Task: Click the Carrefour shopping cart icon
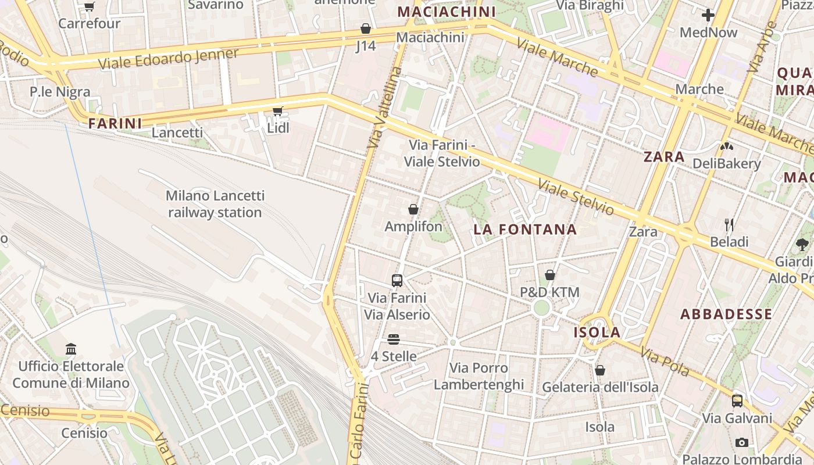coord(89,7)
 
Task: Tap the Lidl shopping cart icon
coord(278,111)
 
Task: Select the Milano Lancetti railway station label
coord(215,204)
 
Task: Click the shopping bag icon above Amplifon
coord(413,209)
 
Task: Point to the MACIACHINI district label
coord(446,12)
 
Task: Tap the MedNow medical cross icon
coord(708,15)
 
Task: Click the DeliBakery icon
coord(727,146)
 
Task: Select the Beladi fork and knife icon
coord(729,224)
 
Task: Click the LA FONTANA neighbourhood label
coord(525,230)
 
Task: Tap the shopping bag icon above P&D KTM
coord(549,275)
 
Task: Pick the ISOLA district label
coord(598,332)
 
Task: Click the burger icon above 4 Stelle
coord(394,339)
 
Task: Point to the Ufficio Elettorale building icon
coord(71,349)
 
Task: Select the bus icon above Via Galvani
coord(737,400)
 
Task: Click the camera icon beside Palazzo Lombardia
coord(742,442)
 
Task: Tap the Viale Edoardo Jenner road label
coord(168,59)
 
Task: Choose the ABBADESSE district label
coord(726,314)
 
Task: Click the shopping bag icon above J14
coord(366,28)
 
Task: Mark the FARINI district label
coord(115,123)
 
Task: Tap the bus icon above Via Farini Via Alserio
coord(397,281)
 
